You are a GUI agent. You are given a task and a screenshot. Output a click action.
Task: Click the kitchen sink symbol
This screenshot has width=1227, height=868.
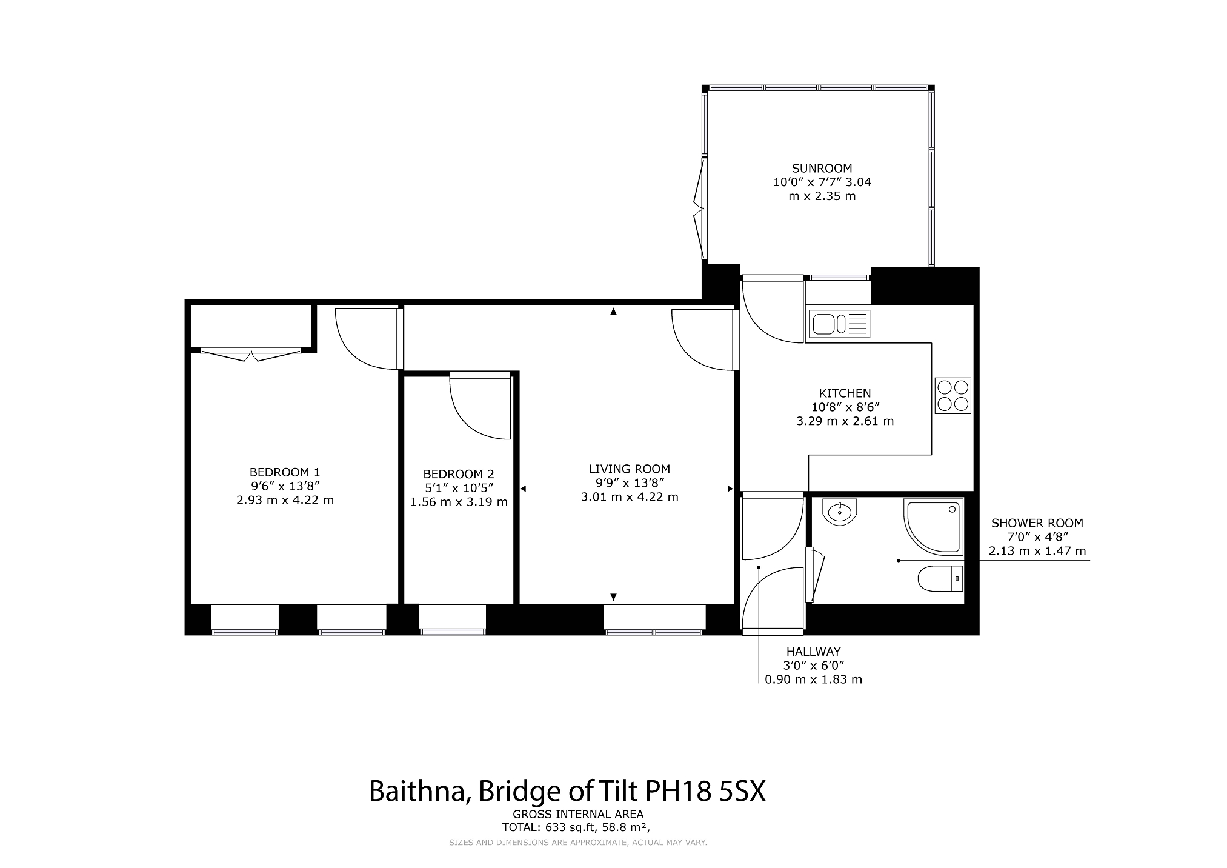point(839,324)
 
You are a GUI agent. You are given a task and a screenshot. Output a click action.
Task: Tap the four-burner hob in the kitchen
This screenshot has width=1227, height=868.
point(953,396)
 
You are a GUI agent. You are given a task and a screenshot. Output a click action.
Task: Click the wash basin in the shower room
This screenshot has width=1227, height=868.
point(840,511)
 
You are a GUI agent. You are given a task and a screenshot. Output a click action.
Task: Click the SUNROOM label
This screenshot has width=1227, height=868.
point(822,168)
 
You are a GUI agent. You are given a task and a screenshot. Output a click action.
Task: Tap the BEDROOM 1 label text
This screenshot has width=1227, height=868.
point(285,472)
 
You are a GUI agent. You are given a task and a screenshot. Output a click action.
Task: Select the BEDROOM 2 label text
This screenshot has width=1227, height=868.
point(459,474)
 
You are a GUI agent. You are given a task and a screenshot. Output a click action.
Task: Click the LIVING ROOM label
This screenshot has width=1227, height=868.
point(630,469)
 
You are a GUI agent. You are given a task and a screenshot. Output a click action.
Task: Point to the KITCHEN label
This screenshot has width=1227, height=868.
point(845,393)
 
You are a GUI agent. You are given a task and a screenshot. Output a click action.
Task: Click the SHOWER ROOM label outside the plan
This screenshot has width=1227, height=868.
point(1037,523)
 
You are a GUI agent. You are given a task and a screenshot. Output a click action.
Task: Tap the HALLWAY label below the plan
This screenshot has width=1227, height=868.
point(813,652)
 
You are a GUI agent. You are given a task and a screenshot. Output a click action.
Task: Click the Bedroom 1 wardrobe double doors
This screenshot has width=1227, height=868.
point(251,354)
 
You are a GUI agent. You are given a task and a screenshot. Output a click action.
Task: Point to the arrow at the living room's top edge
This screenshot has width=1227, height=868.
point(613,312)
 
